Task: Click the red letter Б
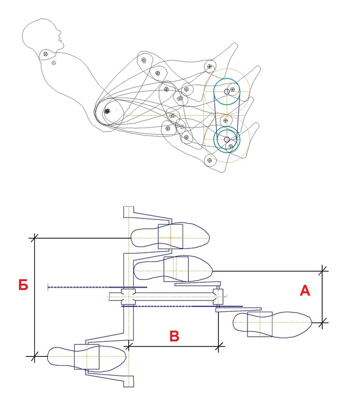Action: point(23,284)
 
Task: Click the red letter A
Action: point(304,290)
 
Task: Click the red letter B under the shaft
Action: point(174,336)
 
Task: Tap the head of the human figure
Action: point(43,34)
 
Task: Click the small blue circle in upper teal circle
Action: point(227,92)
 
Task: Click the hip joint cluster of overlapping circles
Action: point(107,111)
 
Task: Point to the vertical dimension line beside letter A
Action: point(322,297)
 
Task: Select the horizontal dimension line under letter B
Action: point(173,346)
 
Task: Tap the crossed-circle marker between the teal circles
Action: point(225,121)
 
